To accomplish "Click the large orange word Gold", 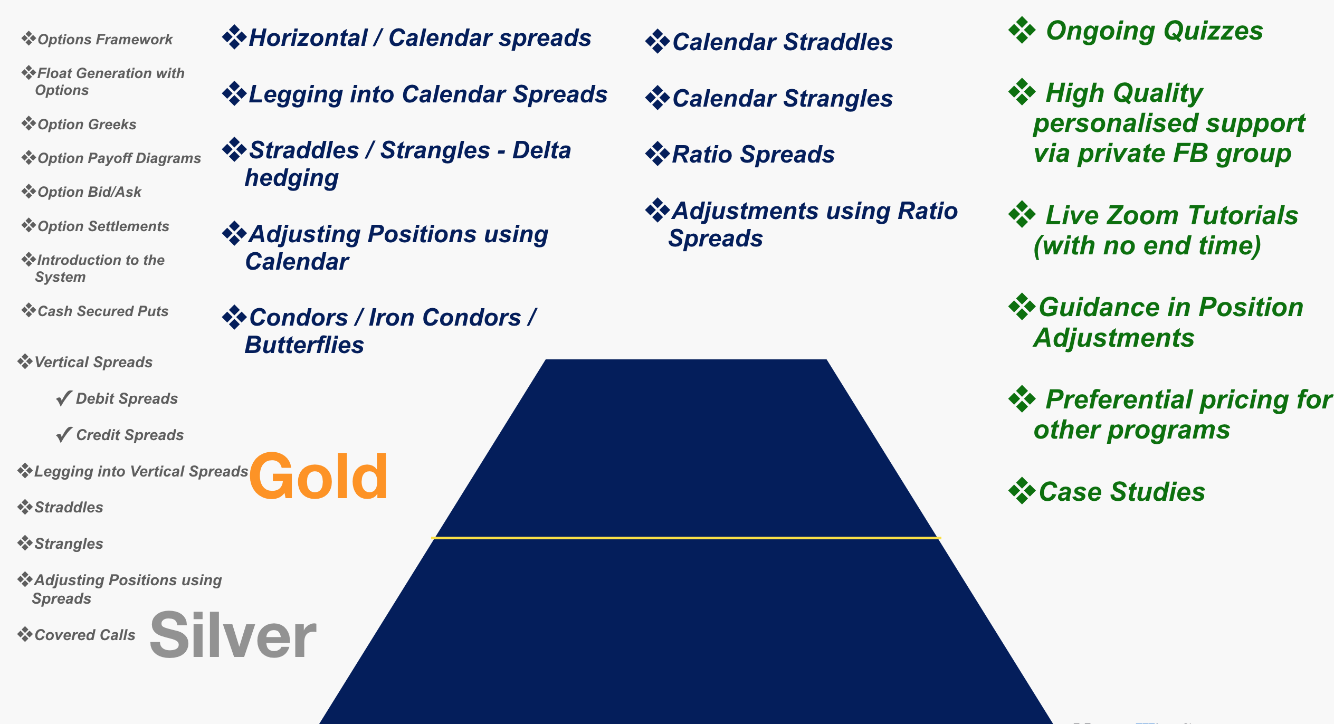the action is click(319, 477).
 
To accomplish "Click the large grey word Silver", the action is click(233, 635).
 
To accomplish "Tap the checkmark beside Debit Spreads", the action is click(64, 398).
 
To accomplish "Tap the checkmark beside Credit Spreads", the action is click(64, 435).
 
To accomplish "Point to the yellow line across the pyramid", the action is click(686, 538).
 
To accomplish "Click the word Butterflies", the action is click(304, 345).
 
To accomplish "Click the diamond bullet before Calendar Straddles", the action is click(658, 42).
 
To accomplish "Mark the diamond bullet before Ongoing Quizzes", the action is click(1022, 30).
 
